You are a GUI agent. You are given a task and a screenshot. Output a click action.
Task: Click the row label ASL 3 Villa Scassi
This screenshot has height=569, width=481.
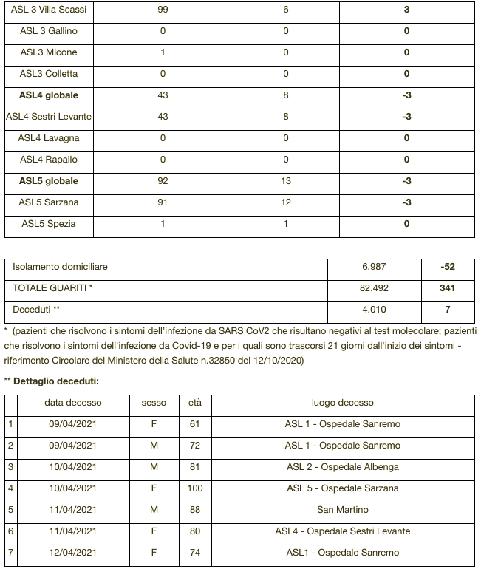click(49, 10)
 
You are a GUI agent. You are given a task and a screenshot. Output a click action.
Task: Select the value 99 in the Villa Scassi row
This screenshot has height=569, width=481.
click(163, 10)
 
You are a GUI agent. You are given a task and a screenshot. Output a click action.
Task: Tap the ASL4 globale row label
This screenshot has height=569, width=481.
click(49, 95)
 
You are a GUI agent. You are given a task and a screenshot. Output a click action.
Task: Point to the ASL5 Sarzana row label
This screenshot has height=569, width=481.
click(49, 202)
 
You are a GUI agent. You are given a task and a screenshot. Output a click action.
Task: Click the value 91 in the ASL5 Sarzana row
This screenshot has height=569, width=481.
click(163, 202)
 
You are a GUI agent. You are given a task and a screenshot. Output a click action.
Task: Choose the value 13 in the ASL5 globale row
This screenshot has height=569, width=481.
click(286, 181)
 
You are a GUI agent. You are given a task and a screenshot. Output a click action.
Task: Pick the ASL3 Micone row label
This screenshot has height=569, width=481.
click(49, 52)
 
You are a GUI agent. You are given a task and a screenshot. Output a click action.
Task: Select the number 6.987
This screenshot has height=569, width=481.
click(374, 267)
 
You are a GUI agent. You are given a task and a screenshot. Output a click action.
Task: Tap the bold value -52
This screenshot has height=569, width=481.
click(448, 267)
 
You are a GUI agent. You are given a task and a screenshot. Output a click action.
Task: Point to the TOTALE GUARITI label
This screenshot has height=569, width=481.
click(52, 288)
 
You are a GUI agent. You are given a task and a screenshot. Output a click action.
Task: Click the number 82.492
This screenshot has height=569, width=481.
click(374, 288)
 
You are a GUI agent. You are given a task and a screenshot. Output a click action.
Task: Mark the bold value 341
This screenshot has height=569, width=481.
click(448, 288)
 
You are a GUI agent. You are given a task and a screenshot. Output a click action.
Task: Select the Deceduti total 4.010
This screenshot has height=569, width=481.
click(374, 310)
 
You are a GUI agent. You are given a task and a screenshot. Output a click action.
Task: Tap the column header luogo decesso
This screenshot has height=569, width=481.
click(342, 403)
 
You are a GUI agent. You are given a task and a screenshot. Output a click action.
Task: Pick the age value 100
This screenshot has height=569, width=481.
click(195, 488)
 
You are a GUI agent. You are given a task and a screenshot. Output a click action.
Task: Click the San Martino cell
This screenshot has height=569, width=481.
click(342, 510)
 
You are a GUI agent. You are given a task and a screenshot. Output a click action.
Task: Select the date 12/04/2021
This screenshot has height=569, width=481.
click(71, 553)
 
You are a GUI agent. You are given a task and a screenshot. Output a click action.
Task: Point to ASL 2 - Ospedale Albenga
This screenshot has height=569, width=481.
click(342, 467)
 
